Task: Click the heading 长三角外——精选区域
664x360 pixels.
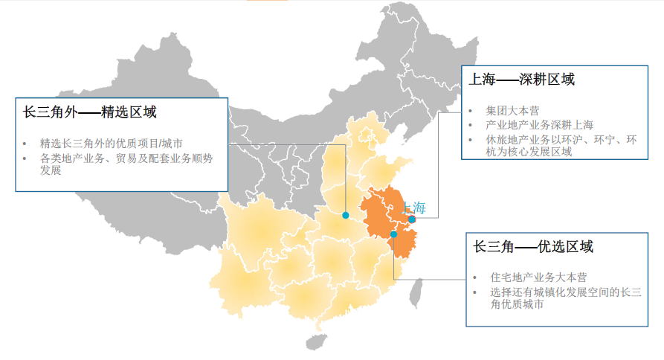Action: [90, 112]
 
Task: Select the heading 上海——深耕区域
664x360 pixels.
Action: [521, 79]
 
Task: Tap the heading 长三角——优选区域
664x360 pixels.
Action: [533, 247]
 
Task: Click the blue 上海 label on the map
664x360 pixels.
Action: [413, 207]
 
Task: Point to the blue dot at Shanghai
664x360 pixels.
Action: [412, 219]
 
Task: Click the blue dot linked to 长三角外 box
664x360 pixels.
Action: [346, 215]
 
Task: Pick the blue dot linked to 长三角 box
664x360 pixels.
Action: [393, 234]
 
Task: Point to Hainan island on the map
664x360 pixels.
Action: [316, 342]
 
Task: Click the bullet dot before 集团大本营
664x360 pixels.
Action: [471, 111]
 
